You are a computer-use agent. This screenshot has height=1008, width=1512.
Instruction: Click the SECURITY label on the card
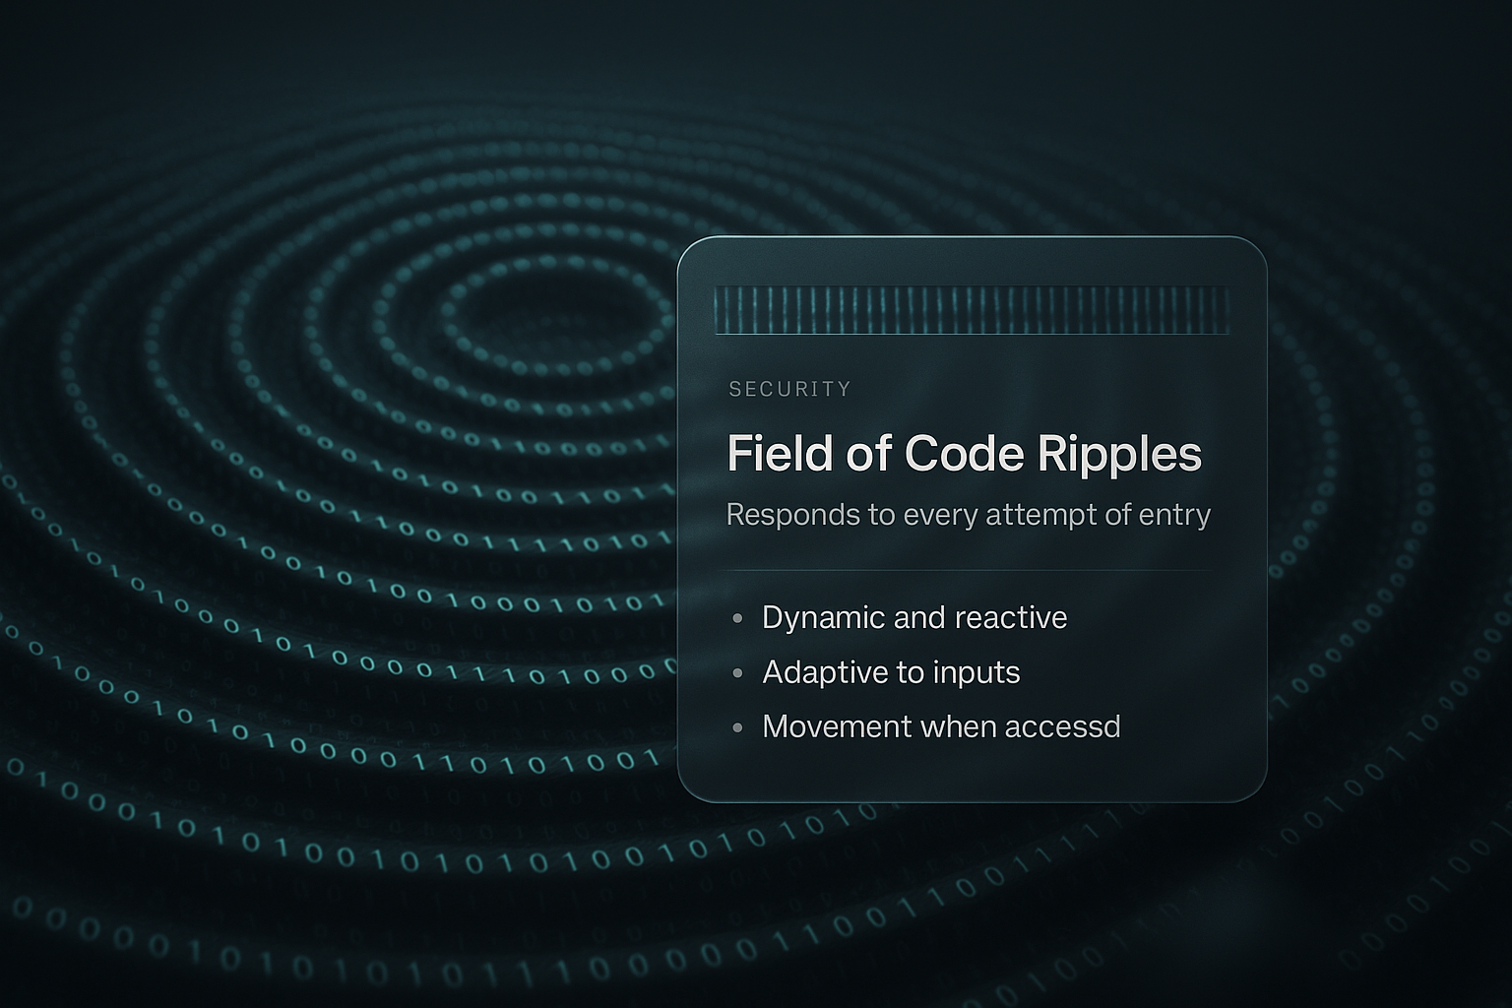coord(789,389)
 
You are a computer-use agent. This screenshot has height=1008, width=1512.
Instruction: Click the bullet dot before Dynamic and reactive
coord(737,619)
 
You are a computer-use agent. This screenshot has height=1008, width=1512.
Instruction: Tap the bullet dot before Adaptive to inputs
coord(737,673)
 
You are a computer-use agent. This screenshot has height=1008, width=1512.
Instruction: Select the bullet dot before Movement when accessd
coord(737,728)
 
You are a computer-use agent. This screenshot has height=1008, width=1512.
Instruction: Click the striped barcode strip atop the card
coord(972,310)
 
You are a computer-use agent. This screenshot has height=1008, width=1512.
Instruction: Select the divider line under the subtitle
coord(972,570)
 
